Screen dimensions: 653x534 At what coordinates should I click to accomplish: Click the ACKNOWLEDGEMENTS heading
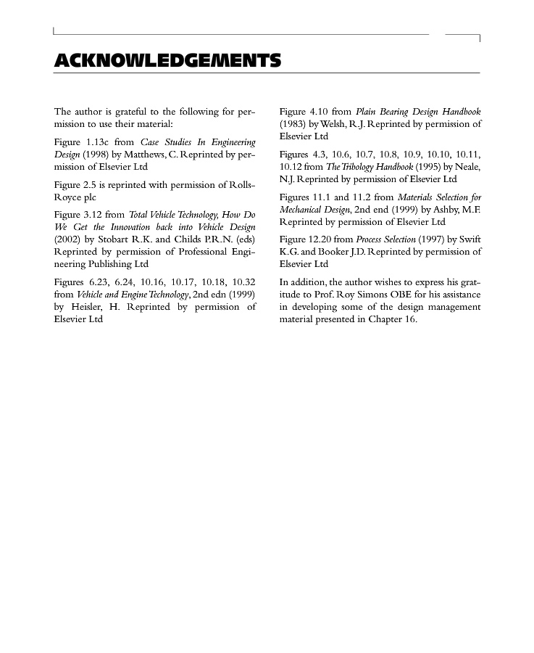(x=167, y=60)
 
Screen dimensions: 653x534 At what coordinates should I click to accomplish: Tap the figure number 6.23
(x=99, y=282)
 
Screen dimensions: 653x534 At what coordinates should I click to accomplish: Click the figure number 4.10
(x=319, y=112)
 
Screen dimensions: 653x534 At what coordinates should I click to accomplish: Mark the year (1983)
(x=293, y=124)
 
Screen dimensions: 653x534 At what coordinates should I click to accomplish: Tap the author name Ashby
(x=449, y=210)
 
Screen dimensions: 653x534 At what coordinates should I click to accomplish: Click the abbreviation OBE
(x=401, y=295)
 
